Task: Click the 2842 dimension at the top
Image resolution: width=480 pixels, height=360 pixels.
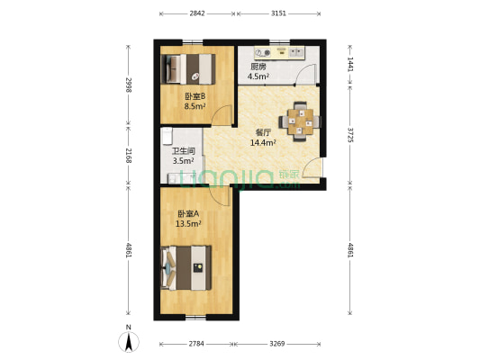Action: pyautogui.click(x=197, y=13)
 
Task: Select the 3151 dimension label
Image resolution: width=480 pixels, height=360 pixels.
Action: pyautogui.click(x=278, y=13)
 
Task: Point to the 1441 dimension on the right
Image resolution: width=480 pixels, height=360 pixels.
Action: pyautogui.click(x=350, y=64)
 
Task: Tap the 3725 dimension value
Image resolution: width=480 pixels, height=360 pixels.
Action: pyautogui.click(x=350, y=135)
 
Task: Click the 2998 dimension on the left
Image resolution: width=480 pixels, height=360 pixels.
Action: pyautogui.click(x=129, y=85)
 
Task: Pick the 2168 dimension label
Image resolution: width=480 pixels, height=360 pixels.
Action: pyautogui.click(x=129, y=156)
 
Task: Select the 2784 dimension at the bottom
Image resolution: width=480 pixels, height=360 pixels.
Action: pyautogui.click(x=196, y=344)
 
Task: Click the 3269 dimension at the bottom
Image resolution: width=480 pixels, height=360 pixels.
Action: pyautogui.click(x=277, y=344)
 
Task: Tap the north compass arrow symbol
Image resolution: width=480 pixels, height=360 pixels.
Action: pyautogui.click(x=129, y=341)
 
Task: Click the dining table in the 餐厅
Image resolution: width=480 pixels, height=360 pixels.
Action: pyautogui.click(x=300, y=121)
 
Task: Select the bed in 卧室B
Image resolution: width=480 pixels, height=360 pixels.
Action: pyautogui.click(x=188, y=69)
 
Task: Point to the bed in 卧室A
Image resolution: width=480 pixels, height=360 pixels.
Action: pyautogui.click(x=186, y=268)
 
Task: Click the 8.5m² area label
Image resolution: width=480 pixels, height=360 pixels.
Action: pyautogui.click(x=195, y=107)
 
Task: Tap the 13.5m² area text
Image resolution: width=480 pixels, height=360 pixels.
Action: pyautogui.click(x=188, y=223)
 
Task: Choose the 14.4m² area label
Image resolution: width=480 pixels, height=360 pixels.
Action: pyautogui.click(x=264, y=142)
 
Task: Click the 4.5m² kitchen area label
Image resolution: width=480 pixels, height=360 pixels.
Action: pyautogui.click(x=258, y=76)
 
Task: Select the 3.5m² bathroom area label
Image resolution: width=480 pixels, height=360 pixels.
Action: pyautogui.click(x=183, y=160)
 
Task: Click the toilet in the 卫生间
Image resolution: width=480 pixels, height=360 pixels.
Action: pyautogui.click(x=168, y=136)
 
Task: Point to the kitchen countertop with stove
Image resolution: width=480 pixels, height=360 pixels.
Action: pyautogui.click(x=279, y=53)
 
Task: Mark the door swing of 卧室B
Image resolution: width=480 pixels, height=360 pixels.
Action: pyautogui.click(x=222, y=115)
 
